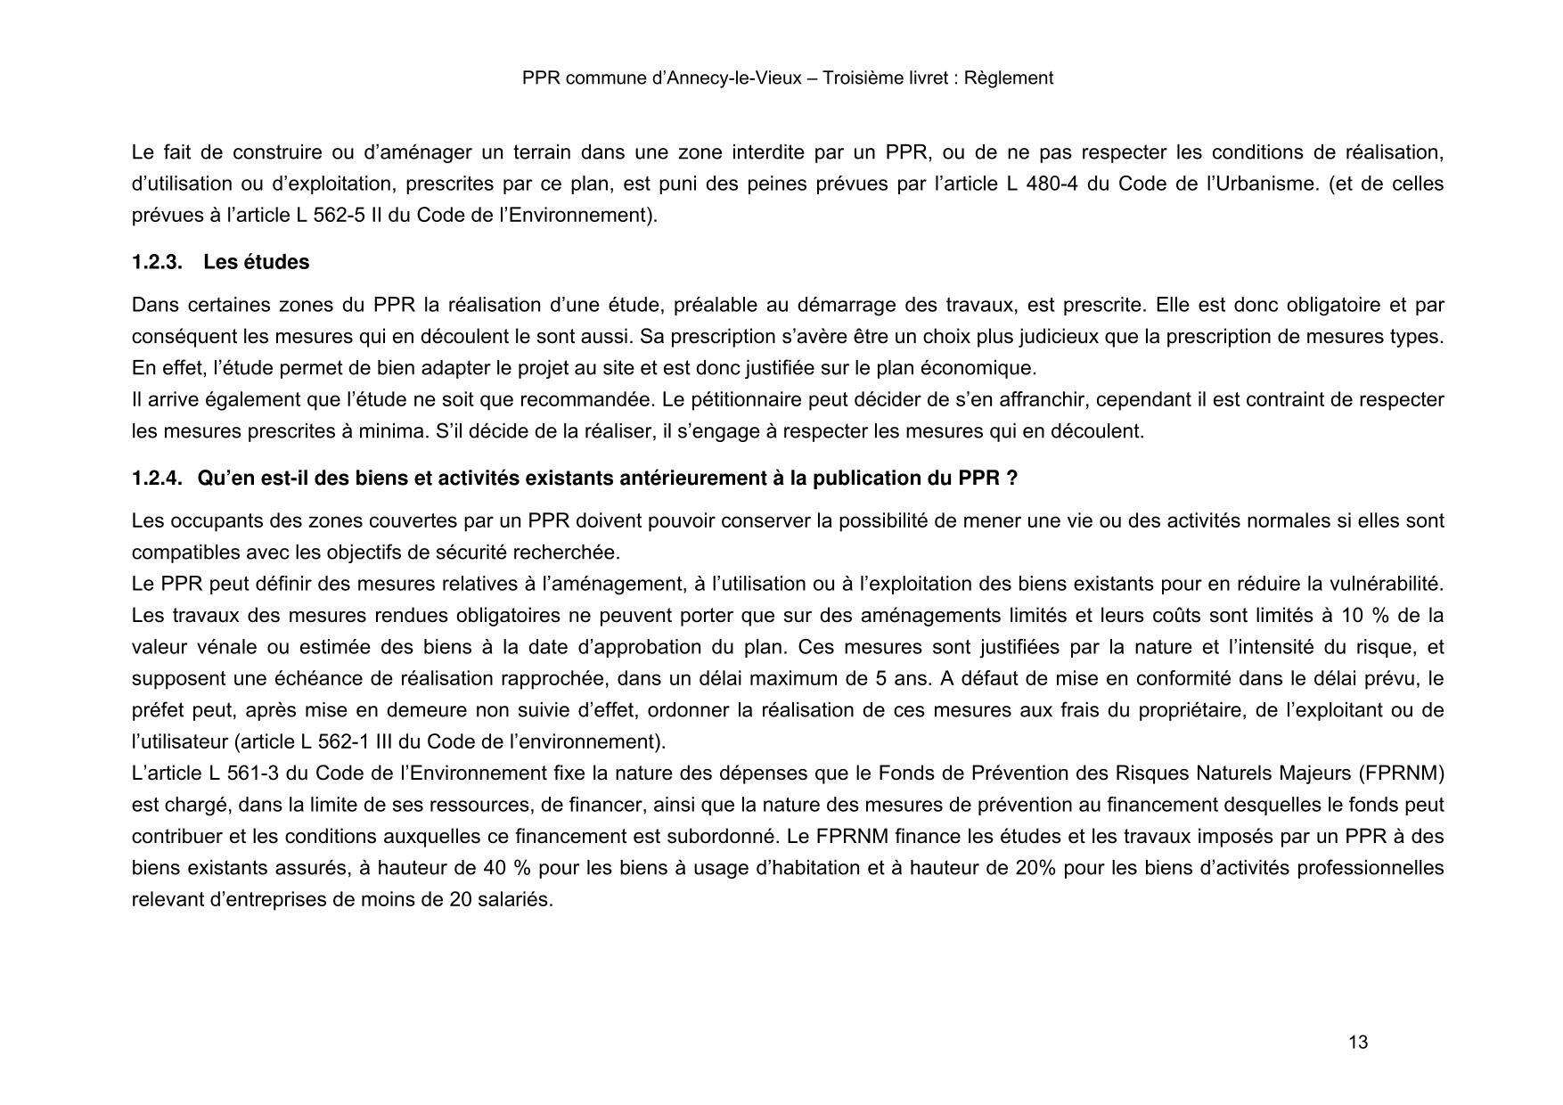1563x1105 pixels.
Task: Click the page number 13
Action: click(1358, 1043)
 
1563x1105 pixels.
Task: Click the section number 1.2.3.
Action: click(157, 263)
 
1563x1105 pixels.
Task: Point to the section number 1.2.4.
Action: click(157, 479)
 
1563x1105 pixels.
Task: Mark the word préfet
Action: click(157, 710)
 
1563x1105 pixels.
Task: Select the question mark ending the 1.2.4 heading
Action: click(1011, 479)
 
